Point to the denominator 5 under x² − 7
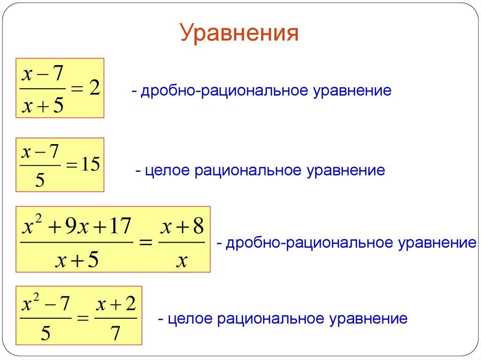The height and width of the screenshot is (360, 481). tap(46, 334)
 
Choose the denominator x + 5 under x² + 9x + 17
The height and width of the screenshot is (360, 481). tap(76, 260)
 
